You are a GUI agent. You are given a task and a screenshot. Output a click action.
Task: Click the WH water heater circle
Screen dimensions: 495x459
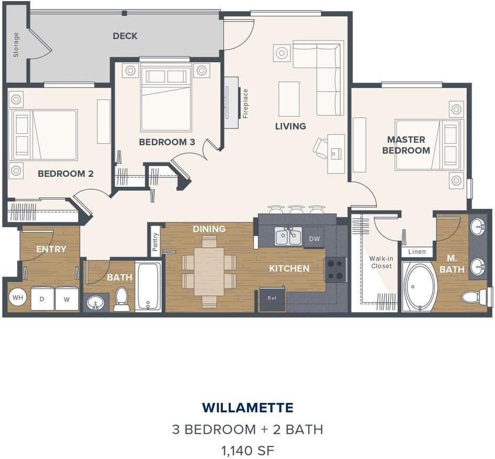tap(18, 297)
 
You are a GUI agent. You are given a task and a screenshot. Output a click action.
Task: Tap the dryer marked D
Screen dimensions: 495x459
tap(42, 298)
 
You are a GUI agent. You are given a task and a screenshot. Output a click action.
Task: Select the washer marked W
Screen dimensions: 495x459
tap(67, 298)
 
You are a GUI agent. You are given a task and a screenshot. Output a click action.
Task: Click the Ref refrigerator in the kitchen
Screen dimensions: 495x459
tap(272, 298)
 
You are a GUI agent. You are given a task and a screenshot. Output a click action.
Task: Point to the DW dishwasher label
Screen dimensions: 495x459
tap(315, 239)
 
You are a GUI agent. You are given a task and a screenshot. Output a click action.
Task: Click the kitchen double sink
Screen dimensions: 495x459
tap(288, 236)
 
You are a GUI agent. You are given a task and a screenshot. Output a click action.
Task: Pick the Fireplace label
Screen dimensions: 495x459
tap(245, 103)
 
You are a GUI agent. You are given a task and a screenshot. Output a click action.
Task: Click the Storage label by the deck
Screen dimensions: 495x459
tap(16, 45)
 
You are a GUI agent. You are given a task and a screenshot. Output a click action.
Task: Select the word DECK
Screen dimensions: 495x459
tap(125, 36)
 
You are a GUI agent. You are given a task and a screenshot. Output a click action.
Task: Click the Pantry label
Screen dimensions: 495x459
tap(155, 242)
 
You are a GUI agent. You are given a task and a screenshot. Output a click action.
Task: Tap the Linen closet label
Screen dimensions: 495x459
tap(417, 252)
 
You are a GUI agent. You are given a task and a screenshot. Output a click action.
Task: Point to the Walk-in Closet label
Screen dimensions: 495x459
tap(381, 262)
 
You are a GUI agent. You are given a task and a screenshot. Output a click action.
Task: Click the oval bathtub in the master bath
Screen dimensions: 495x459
tap(420, 287)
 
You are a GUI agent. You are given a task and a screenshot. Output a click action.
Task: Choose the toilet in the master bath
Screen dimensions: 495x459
tap(474, 297)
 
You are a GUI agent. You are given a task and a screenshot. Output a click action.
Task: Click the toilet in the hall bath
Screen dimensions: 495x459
tap(121, 298)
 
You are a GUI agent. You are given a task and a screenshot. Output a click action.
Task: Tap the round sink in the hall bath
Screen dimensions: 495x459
tap(95, 303)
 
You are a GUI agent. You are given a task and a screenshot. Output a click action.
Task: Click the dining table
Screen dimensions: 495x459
tap(209, 272)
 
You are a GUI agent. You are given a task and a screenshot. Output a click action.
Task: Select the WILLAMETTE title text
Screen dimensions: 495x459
tap(247, 408)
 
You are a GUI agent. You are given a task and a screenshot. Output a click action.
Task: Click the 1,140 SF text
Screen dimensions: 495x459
tap(247, 451)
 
